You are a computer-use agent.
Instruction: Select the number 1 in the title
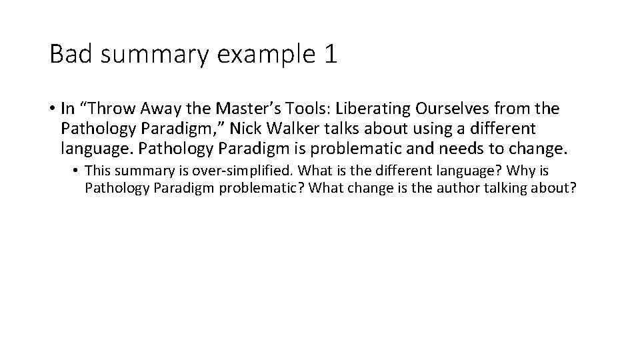330,54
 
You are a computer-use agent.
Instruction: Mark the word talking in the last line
510,189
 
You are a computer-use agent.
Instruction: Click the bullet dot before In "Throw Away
52,109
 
